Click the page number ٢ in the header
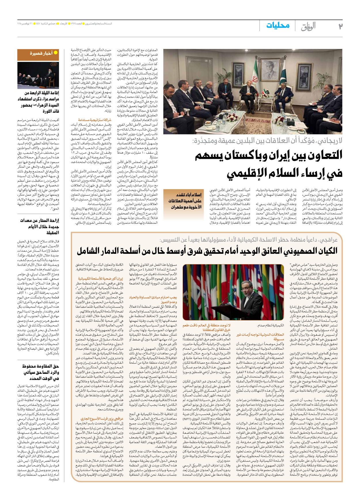point(340,26)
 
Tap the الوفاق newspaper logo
point(308,26)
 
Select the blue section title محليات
point(278,26)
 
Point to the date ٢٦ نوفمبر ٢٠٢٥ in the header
point(26,24)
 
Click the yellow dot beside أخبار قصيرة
point(56,53)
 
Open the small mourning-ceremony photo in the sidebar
point(38,75)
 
